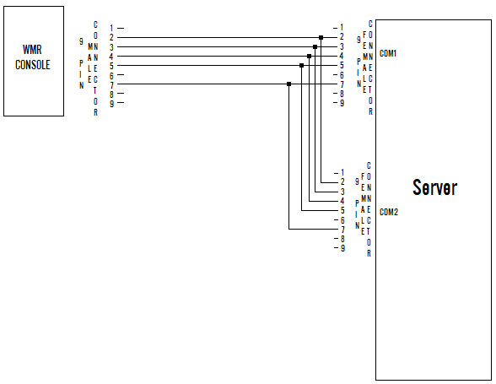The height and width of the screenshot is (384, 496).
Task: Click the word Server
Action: [x=434, y=187]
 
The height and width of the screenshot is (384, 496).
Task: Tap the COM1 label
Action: [x=388, y=53]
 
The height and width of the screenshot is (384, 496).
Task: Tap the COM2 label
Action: [x=388, y=212]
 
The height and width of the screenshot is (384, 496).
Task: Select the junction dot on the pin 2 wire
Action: [x=321, y=38]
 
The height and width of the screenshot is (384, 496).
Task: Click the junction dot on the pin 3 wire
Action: [x=315, y=47]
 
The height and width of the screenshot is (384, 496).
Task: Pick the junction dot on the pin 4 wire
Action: [x=309, y=56]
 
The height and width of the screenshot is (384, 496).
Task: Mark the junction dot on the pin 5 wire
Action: [x=301, y=66]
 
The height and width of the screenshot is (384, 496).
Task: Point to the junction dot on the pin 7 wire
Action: [x=288, y=84]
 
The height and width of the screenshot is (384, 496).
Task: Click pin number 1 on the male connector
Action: [x=111, y=28]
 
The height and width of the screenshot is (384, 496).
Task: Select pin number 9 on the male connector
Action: [x=111, y=103]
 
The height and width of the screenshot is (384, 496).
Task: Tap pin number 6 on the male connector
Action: [x=111, y=75]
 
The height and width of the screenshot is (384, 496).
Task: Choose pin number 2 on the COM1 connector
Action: [x=342, y=37]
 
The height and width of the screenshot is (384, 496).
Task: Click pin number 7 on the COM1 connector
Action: [x=342, y=84]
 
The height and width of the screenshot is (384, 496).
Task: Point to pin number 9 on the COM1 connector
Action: [x=342, y=103]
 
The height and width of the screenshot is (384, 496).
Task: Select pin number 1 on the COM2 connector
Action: [x=342, y=172]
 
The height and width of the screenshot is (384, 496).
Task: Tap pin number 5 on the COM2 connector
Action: [x=342, y=210]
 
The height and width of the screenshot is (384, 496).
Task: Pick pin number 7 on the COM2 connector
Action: [x=342, y=230]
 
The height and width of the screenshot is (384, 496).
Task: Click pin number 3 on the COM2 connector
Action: [x=342, y=192]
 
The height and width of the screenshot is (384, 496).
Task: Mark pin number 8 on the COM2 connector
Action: [x=342, y=239]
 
